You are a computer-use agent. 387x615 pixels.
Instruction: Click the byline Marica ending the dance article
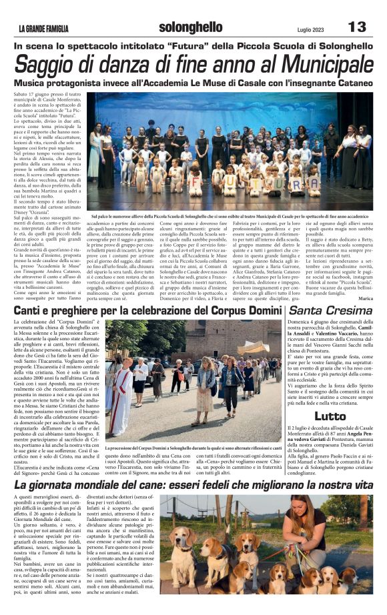click(x=365, y=298)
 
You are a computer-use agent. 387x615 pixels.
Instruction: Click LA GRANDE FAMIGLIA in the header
click(x=43, y=29)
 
